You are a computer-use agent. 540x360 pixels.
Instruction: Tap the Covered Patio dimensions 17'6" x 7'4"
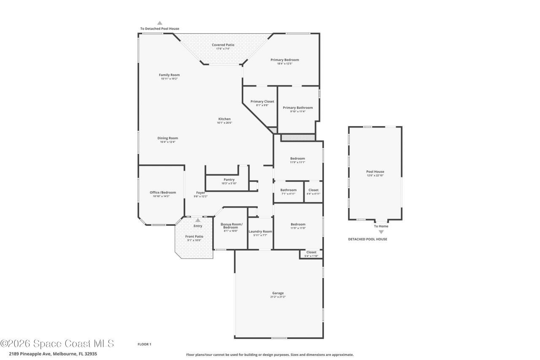[x=223, y=49]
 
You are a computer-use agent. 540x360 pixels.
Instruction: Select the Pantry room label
[x=229, y=179]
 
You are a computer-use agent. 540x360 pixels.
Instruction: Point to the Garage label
[x=278, y=293]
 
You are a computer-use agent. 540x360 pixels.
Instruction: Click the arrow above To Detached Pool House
[x=159, y=23]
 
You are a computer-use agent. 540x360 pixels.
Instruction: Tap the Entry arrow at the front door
[x=198, y=220]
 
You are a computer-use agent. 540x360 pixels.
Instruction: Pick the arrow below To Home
[x=381, y=232]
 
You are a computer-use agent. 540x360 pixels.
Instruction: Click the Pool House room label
[x=375, y=171]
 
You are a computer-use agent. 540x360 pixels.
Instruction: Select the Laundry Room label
[x=260, y=231]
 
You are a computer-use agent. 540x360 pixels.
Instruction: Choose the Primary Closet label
[x=262, y=101]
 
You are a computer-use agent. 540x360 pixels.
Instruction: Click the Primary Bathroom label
[x=298, y=108]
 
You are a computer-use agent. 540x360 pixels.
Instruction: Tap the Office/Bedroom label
[x=163, y=192]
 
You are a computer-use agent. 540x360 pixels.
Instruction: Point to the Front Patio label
[x=194, y=236]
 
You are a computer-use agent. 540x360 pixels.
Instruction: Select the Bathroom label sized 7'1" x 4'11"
[x=289, y=190]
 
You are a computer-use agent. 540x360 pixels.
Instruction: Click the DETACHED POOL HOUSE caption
[x=367, y=239]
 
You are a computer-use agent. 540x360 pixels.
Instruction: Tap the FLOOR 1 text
[x=144, y=344]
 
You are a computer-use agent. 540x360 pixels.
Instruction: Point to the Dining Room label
[x=167, y=138]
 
